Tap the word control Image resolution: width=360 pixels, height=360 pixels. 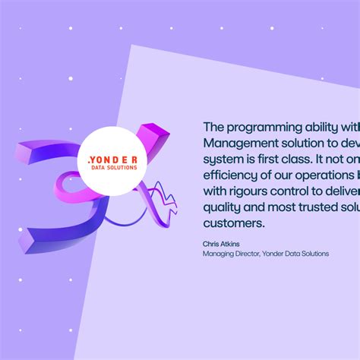pyautogui.click(x=305, y=191)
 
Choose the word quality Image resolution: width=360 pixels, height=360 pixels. pyautogui.click(x=223, y=208)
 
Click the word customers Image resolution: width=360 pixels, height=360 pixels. pyautogui.click(x=234, y=224)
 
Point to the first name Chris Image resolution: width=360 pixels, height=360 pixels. pyautogui.click(x=210, y=244)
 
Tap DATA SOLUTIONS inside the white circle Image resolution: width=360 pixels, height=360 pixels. pyautogui.click(x=113, y=168)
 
